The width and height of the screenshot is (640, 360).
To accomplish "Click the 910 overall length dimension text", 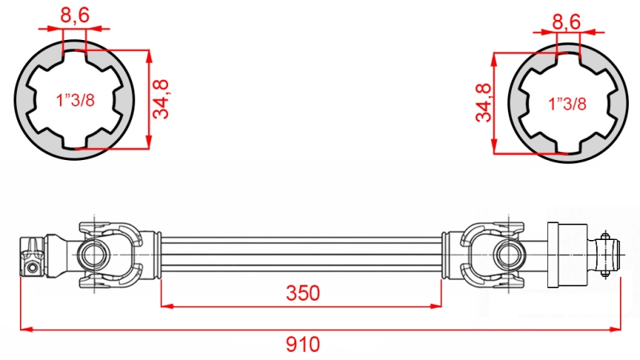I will click(x=302, y=345).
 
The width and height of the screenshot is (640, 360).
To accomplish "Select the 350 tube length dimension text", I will click(x=302, y=294).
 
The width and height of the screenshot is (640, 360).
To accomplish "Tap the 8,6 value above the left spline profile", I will click(x=74, y=14).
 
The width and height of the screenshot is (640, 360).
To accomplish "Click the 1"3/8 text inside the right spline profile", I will click(x=567, y=103).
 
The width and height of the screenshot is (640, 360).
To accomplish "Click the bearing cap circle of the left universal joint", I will click(x=90, y=254).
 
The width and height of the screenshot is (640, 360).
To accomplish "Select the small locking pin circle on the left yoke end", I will click(x=31, y=266).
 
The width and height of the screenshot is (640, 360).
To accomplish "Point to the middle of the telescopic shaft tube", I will click(x=302, y=254).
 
